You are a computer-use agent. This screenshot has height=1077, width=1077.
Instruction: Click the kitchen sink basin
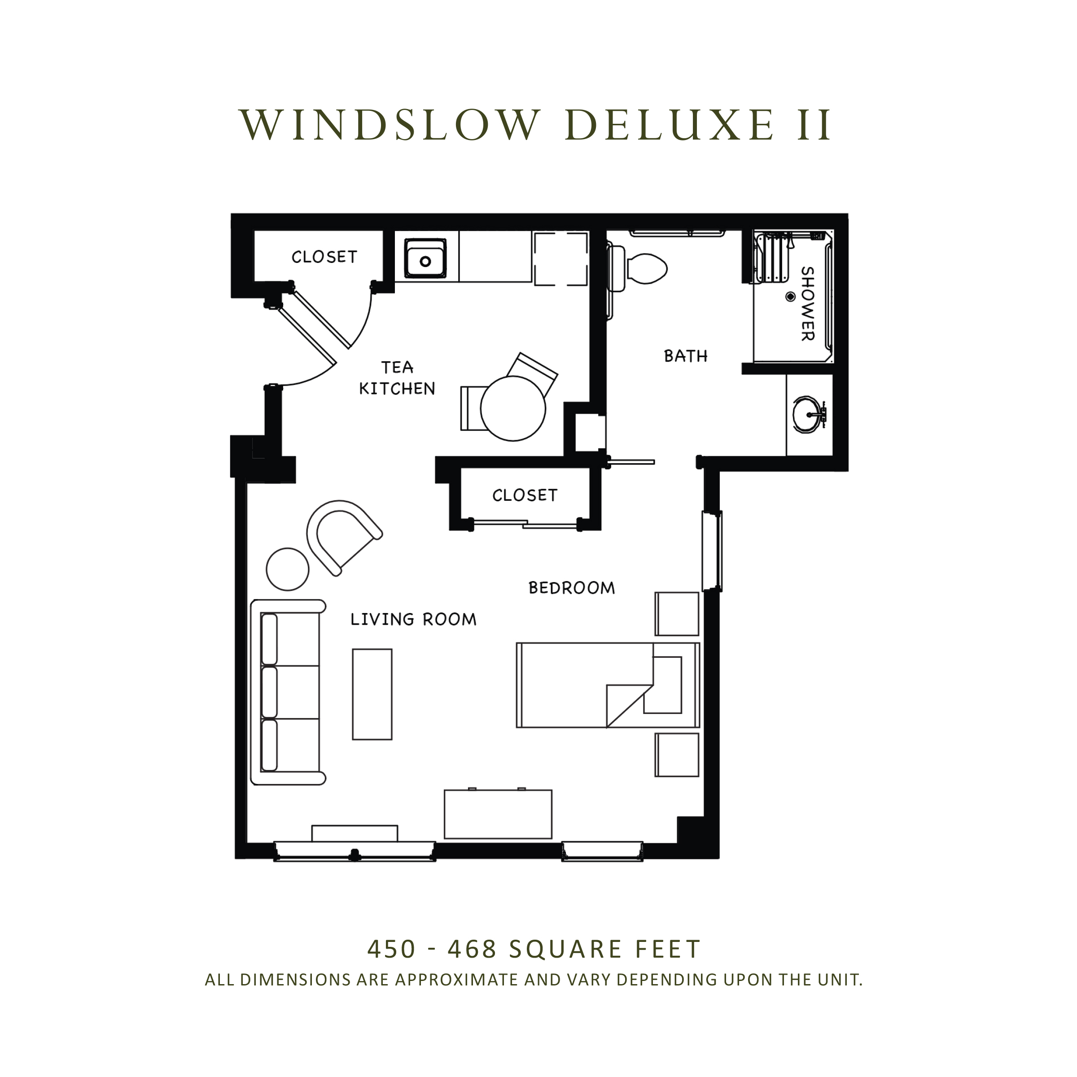click(425, 258)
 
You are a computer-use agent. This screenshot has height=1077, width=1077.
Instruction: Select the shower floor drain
click(790, 297)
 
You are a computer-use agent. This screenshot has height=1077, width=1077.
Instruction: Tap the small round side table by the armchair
click(288, 569)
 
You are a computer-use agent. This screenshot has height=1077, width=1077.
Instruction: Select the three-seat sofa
click(288, 692)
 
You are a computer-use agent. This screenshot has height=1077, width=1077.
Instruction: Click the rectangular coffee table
click(372, 694)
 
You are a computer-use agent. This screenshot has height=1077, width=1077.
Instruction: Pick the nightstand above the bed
click(677, 614)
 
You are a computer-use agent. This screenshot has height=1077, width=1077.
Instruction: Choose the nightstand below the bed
click(677, 755)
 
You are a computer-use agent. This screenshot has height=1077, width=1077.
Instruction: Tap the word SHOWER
click(807, 304)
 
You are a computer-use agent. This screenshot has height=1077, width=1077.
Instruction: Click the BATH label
click(686, 356)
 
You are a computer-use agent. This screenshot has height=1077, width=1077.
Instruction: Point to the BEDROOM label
click(571, 587)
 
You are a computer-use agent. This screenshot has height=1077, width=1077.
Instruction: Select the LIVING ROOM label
click(413, 619)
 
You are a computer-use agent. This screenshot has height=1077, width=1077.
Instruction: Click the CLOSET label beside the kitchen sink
click(324, 256)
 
